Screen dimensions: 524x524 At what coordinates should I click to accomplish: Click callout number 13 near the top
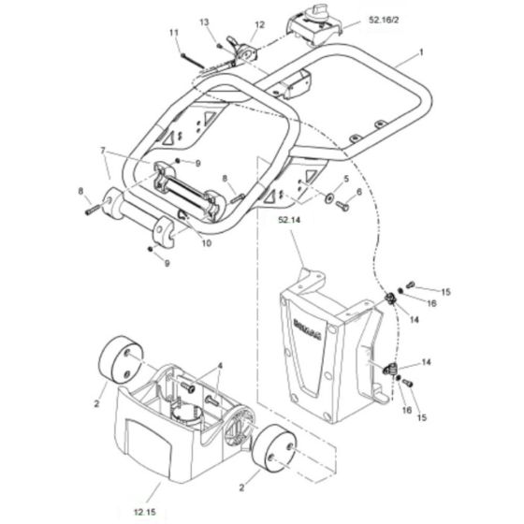click(203, 21)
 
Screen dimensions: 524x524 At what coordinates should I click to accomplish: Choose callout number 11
click(172, 34)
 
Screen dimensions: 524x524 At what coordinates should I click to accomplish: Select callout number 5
click(345, 178)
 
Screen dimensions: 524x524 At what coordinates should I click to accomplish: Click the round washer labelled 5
click(328, 198)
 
